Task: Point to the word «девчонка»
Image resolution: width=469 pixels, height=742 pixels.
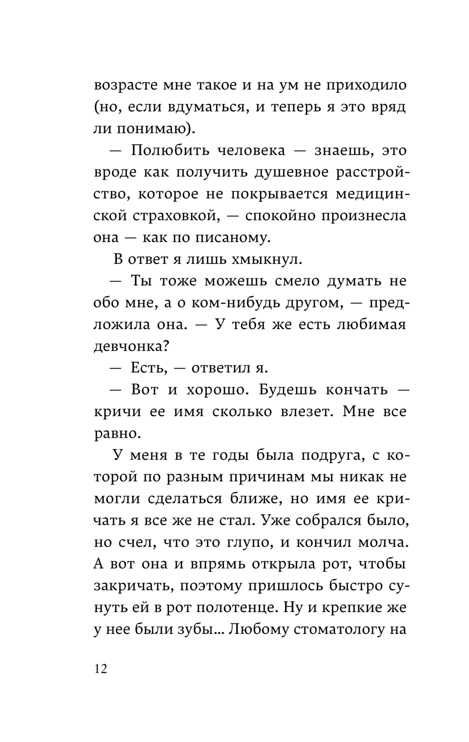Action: [132, 346]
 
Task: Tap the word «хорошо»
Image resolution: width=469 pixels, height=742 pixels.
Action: [213, 390]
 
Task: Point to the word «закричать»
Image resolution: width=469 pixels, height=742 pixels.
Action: [132, 586]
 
